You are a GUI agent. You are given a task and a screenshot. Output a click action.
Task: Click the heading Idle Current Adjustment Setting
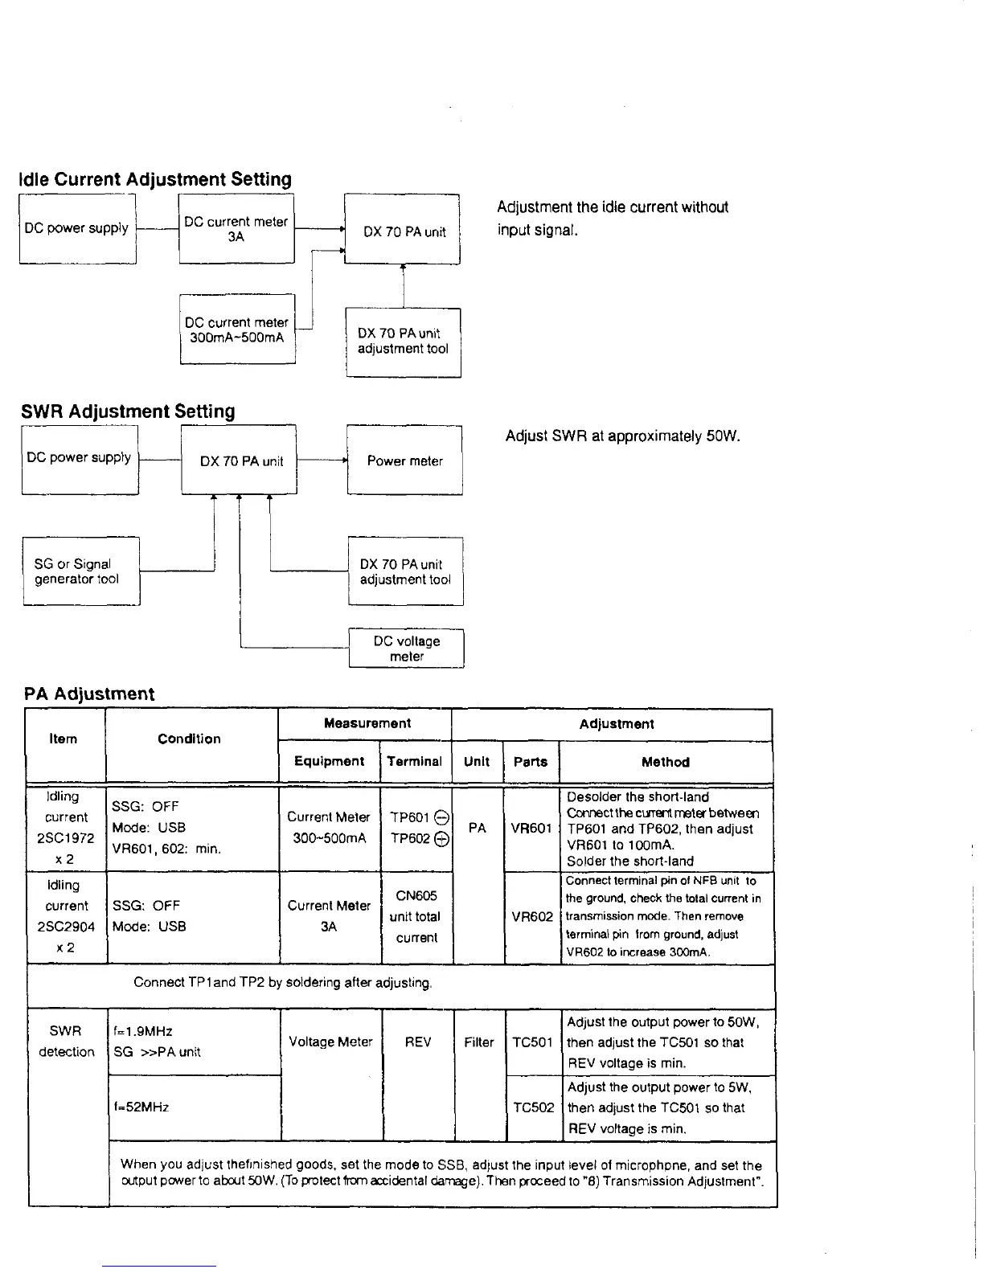(x=155, y=179)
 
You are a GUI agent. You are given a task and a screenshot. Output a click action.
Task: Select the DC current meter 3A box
(x=236, y=229)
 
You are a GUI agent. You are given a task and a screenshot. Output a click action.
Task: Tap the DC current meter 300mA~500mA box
(x=237, y=330)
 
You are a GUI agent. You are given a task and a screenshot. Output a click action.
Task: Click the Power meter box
(x=404, y=460)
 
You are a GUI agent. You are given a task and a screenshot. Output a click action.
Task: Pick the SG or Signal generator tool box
(x=81, y=571)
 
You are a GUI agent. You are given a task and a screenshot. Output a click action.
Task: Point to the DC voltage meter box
(x=407, y=649)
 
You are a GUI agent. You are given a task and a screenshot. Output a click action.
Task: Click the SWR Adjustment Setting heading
(x=129, y=411)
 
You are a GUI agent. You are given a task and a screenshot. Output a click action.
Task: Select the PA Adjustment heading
(x=89, y=694)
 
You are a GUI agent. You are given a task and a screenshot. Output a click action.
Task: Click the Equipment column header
(x=329, y=761)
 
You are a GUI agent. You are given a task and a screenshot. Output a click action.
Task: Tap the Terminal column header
(x=415, y=761)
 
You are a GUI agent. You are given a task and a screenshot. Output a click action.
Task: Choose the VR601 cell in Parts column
(x=531, y=829)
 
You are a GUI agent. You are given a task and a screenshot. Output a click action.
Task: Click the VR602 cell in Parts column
(x=531, y=916)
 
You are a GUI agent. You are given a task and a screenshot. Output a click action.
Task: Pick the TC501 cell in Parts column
(x=531, y=1042)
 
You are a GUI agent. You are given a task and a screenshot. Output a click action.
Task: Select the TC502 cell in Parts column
(x=531, y=1107)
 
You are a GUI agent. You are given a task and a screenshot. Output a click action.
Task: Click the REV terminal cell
(x=418, y=1042)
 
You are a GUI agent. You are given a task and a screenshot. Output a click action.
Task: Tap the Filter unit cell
(x=478, y=1042)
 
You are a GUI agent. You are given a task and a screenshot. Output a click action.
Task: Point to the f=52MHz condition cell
(x=141, y=1107)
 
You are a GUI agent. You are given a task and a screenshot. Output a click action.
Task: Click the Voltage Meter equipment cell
(x=330, y=1042)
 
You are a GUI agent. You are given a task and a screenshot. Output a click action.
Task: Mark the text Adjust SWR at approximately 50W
(x=622, y=436)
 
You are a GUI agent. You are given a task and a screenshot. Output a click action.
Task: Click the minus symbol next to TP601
(x=440, y=817)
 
